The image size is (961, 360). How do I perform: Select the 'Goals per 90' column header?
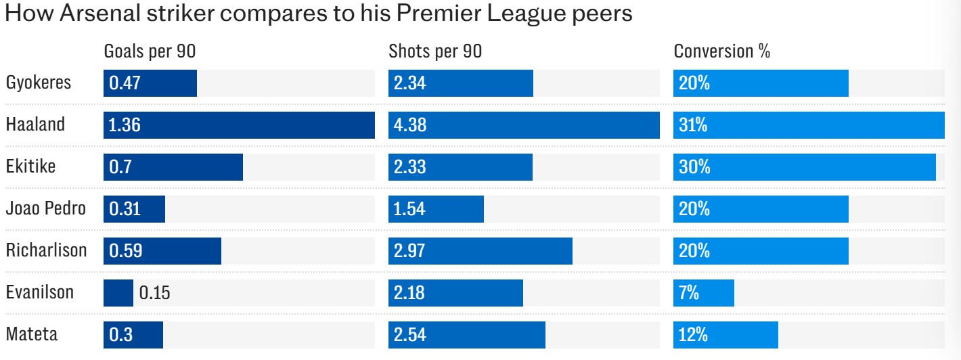tap(149, 51)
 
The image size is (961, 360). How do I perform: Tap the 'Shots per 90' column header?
tap(435, 51)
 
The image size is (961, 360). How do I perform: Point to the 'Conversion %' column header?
tap(722, 51)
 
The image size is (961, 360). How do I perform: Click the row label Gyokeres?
tap(39, 83)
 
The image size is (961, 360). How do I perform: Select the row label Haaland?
tap(35, 125)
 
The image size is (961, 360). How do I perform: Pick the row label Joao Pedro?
tap(46, 209)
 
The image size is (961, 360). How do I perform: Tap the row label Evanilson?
tap(40, 293)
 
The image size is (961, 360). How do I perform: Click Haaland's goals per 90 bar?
tap(239, 125)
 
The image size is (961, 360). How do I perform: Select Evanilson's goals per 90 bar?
tap(118, 293)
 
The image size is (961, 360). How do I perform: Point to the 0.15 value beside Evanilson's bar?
tap(154, 293)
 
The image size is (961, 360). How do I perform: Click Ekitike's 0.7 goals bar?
tap(173, 167)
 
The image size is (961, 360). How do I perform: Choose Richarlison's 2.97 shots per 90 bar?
tap(480, 251)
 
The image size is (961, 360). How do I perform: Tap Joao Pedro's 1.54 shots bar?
tap(436, 209)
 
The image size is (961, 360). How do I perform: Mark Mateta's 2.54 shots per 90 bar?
tap(467, 335)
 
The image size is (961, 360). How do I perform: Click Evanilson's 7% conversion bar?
tap(704, 293)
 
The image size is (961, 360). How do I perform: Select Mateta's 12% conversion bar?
tap(725, 335)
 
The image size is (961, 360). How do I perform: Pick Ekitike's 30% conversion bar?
tap(805, 167)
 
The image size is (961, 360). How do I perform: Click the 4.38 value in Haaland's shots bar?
tap(410, 125)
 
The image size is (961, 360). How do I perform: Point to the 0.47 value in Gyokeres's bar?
tap(125, 83)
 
